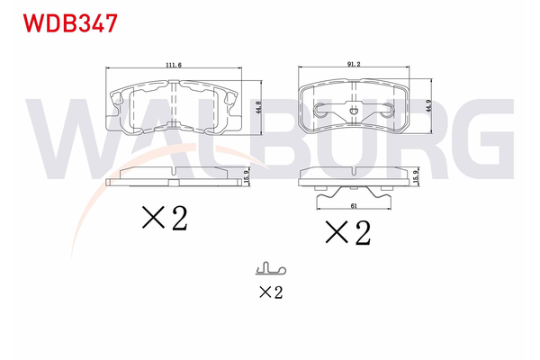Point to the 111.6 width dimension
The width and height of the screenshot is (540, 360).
tap(174, 65)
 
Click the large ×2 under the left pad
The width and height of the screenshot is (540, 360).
tap(164, 218)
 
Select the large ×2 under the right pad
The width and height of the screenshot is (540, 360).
tap(347, 233)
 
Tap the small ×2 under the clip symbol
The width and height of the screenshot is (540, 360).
tap(270, 292)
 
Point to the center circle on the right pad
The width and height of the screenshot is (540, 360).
tap(353, 112)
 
